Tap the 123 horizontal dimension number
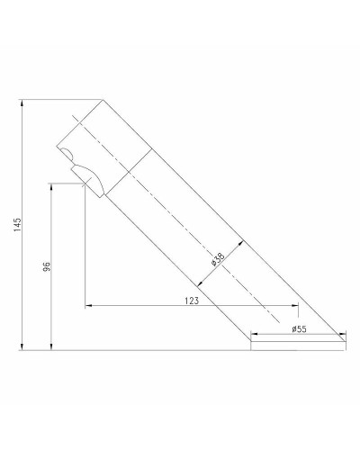coord(190,301)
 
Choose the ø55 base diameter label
coord(300,329)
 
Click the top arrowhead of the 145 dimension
coord(22,102)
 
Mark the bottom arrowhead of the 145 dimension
coord(22,346)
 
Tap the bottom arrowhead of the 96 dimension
coord(52,346)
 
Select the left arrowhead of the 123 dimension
coord(86,307)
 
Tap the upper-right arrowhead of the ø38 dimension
coord(241,240)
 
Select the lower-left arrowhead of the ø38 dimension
coord(200,284)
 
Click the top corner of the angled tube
coord(103,99)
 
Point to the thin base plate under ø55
coord(297,344)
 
